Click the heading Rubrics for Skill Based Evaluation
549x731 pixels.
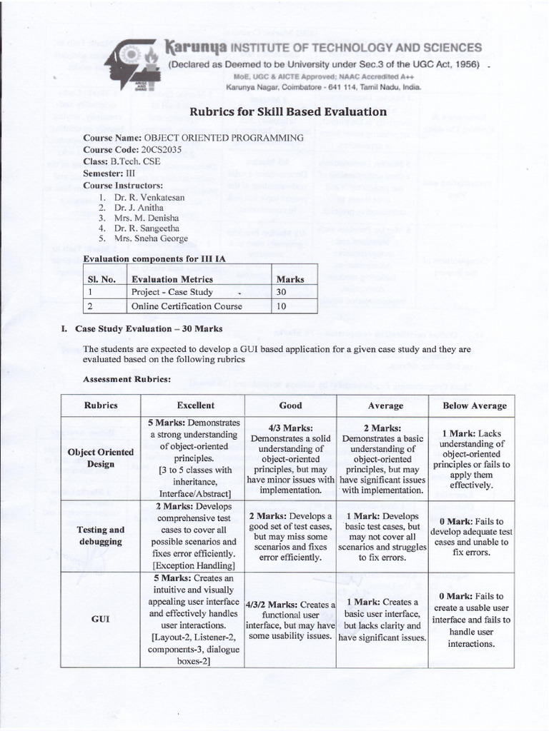(x=287, y=111)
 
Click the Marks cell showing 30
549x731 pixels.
(x=281, y=292)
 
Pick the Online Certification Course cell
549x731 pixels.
(x=187, y=306)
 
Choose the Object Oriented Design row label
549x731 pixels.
(x=100, y=458)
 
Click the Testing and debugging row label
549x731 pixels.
(x=100, y=535)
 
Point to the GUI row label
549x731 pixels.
(x=100, y=620)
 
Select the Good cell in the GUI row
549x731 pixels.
(x=290, y=620)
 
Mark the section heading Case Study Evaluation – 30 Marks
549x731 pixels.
(x=149, y=329)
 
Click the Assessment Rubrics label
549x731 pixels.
(x=127, y=378)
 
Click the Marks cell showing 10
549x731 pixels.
(x=281, y=306)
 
